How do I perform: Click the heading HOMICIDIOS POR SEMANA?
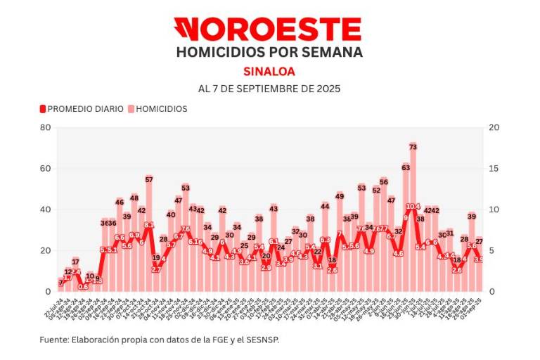269,53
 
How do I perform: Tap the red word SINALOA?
269,71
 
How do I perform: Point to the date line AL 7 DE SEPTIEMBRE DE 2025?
269,89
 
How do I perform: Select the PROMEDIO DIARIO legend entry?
82,109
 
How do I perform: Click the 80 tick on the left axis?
46,127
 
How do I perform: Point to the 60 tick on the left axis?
46,169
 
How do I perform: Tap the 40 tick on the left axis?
46,210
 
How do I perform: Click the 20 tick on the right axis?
494,127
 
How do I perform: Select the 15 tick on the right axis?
494,169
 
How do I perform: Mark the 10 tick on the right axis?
494,210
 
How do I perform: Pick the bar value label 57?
149,180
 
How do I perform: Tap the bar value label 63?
406,167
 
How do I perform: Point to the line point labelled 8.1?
149,225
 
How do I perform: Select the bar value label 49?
340,196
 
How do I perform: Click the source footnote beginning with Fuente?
164,340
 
